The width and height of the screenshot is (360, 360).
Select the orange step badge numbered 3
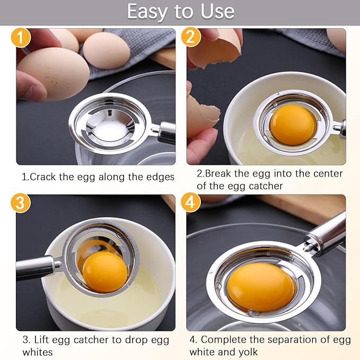[21, 203]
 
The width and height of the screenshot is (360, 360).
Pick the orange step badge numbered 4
[191, 203]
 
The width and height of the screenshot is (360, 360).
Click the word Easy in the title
[151, 12]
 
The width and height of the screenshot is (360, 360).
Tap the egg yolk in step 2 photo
[293, 125]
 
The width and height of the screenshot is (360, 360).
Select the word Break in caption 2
[217, 173]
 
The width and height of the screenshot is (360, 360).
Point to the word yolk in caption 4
[247, 352]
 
